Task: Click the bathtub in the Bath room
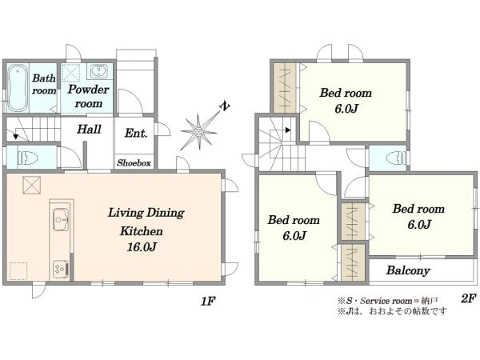17,88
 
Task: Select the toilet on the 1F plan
27,158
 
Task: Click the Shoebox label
134,163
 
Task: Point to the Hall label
89,129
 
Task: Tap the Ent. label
136,133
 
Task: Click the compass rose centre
198,132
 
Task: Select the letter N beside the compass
226,106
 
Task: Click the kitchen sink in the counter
61,219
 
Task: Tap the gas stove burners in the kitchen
61,269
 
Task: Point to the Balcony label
408,270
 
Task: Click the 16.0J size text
142,246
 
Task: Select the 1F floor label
208,302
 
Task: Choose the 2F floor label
468,298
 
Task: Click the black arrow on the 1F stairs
16,137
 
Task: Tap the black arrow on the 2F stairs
288,130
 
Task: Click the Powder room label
89,96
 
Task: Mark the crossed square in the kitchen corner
31,185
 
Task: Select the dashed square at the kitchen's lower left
18,271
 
